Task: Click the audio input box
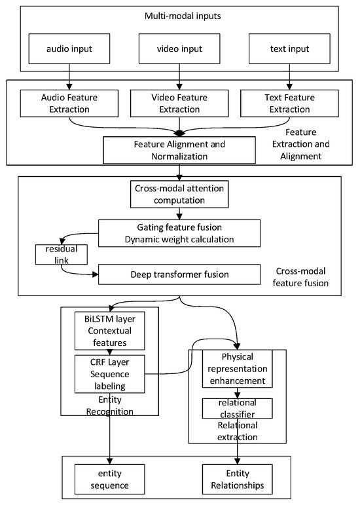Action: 69,48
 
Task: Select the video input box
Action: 179,48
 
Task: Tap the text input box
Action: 289,48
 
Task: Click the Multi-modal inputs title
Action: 183,16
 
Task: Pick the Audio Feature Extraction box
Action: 69,103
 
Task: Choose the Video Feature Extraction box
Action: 179,103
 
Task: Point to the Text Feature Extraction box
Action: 289,103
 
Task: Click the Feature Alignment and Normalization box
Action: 179,150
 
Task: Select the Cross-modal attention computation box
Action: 179,195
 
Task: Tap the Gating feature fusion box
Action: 179,233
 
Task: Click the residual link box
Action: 62,255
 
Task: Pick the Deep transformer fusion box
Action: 179,274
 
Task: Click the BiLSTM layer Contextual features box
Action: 110,331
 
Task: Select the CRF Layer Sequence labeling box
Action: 110,374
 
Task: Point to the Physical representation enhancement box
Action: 238,369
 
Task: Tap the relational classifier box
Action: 238,408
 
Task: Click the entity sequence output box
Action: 110,479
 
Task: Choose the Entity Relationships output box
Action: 238,479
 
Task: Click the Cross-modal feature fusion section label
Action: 300,277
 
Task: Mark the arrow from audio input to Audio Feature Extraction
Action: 69,77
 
